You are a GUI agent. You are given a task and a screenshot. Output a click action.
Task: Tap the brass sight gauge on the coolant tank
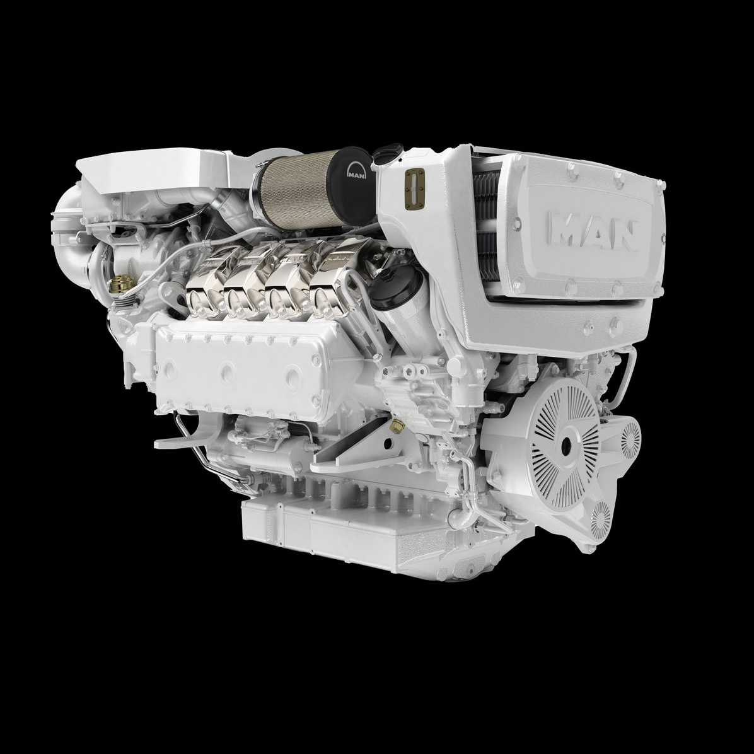tap(414, 189)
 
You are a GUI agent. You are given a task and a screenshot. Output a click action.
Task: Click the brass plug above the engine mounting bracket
tap(398, 425)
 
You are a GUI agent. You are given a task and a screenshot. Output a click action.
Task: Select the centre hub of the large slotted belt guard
tap(565, 444)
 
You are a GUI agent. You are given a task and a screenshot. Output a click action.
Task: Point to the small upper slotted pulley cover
tap(630, 439)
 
